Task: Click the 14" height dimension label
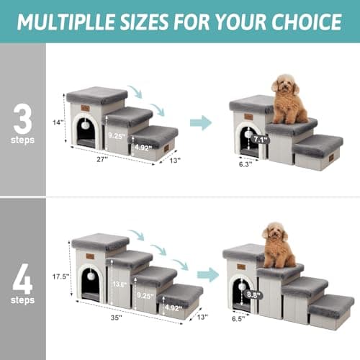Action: click(x=58, y=122)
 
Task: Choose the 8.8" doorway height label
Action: click(x=253, y=294)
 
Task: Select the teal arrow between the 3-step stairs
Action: click(x=201, y=122)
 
